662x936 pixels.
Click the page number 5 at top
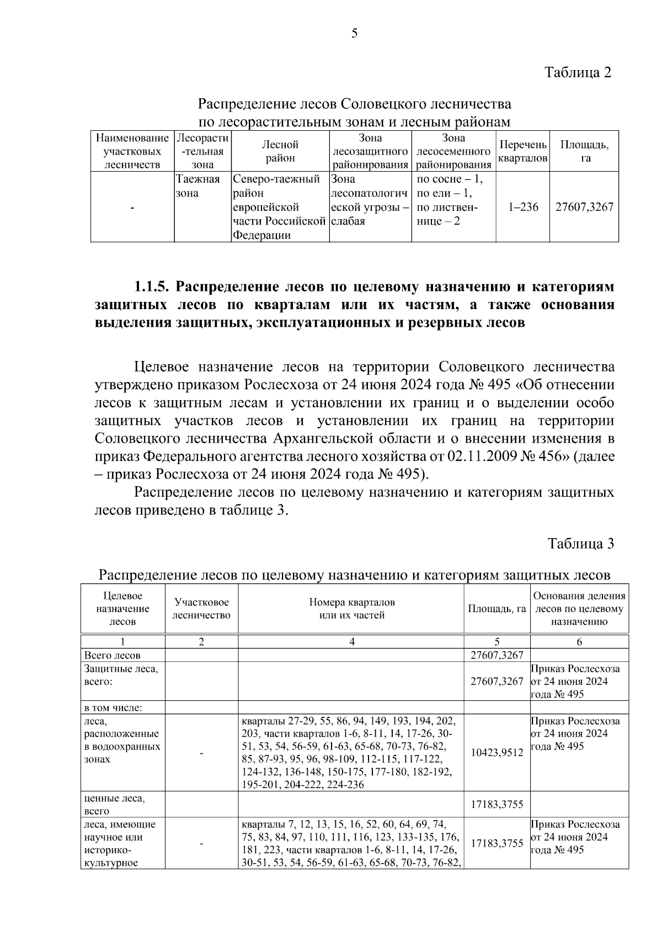coord(354,34)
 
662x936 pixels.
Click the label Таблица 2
coord(578,72)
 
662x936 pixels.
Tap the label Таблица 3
coord(580,544)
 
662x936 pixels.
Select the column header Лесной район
coord(280,151)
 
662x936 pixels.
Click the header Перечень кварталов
coord(522,151)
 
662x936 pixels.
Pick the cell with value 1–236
coord(523,208)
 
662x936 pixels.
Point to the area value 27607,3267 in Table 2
coord(584,208)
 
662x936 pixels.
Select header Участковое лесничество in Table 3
coord(201,609)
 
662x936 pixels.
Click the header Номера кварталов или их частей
coord(351,609)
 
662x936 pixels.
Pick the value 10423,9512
coord(496,752)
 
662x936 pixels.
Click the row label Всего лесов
coord(112,655)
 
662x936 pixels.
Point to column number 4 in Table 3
coord(351,641)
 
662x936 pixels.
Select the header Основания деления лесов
coord(579,609)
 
